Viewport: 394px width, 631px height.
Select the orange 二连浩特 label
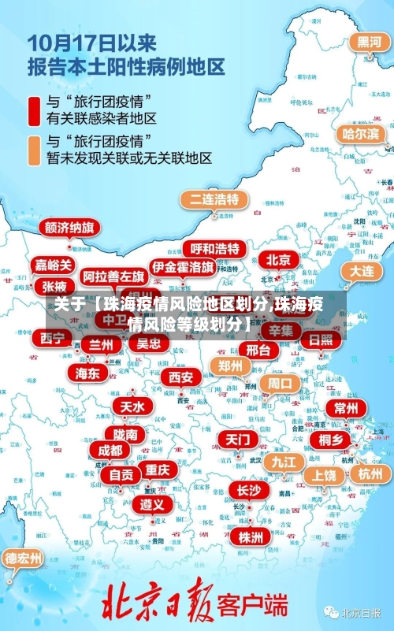click(x=214, y=199)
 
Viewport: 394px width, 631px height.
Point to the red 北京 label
click(x=277, y=260)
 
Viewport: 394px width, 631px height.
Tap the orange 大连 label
click(x=362, y=270)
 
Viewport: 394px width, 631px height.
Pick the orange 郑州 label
click(x=230, y=366)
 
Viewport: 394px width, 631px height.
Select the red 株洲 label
click(x=250, y=515)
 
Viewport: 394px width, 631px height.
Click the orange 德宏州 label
click(x=24, y=559)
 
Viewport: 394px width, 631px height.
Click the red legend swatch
click(x=34, y=111)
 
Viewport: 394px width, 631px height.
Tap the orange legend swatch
click(x=34, y=150)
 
